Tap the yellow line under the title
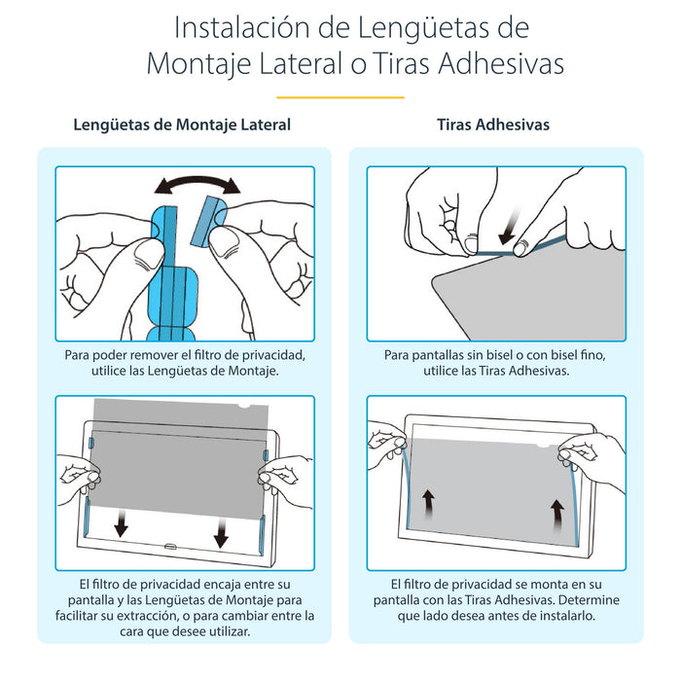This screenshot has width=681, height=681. click(x=340, y=97)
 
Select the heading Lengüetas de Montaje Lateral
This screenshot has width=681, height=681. click(x=182, y=125)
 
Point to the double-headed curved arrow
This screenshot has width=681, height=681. click(x=199, y=184)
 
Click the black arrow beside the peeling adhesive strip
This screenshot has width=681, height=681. click(x=508, y=235)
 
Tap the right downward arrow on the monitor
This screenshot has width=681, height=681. click(x=222, y=531)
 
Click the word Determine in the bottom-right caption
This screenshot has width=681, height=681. click(x=587, y=599)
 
